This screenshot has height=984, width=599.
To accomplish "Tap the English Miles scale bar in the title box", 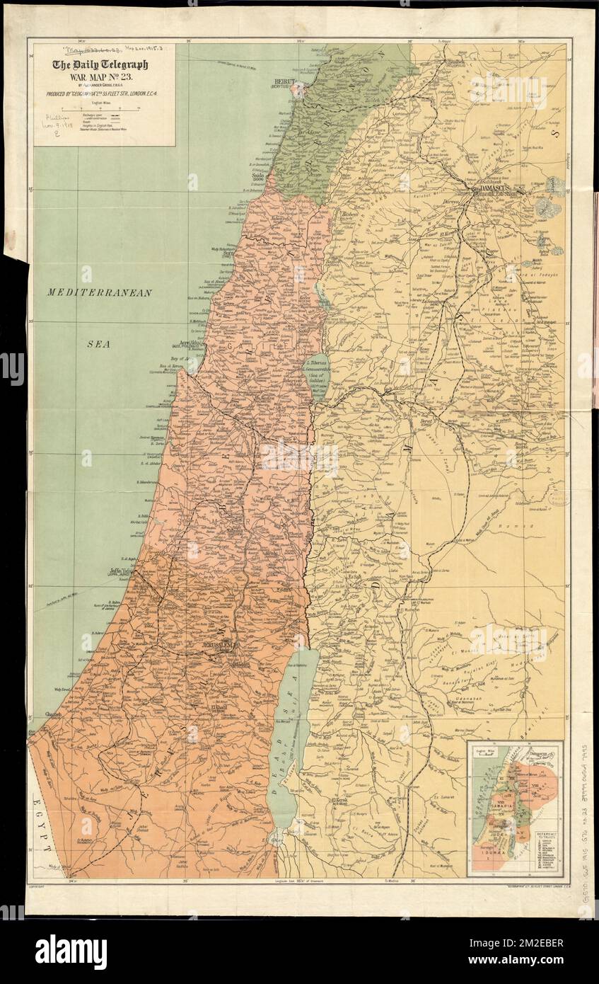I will point(102,108).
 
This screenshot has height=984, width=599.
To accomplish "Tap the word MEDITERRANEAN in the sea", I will point(99,292).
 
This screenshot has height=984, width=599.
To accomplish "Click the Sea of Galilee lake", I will point(317,375).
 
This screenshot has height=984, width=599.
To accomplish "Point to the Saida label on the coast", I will point(255,177).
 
